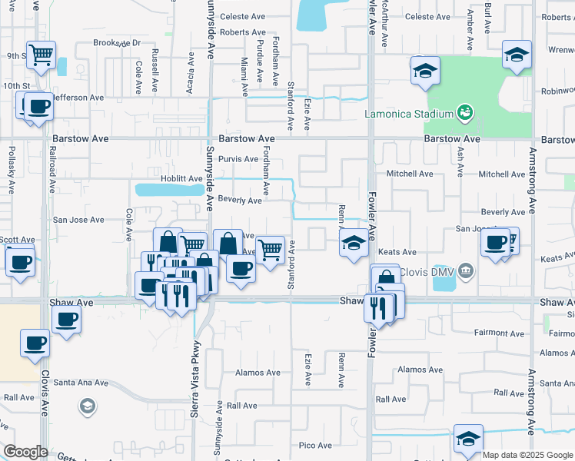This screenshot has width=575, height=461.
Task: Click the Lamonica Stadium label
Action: (408, 114)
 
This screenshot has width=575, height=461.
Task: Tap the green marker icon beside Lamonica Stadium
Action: (464, 113)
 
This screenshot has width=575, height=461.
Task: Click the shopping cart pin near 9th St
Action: (40, 55)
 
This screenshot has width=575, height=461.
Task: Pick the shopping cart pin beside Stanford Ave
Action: (270, 249)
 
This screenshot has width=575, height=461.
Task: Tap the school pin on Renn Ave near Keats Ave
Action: (353, 244)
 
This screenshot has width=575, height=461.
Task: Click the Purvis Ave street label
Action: (238, 159)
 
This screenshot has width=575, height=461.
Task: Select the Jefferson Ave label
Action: (77, 98)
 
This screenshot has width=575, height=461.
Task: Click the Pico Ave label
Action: (315, 445)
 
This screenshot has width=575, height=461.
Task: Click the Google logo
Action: (25, 452)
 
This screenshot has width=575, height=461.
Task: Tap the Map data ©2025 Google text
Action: (527, 455)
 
